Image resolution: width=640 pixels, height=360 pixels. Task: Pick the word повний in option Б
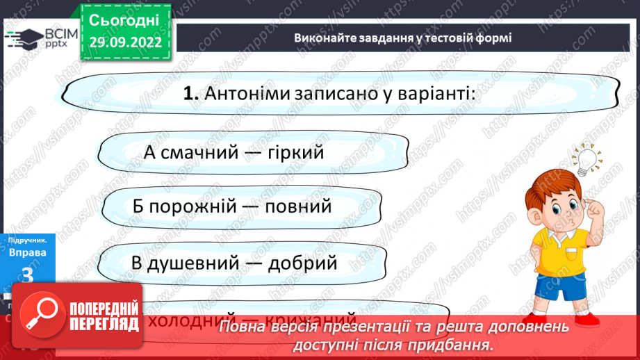[300, 207]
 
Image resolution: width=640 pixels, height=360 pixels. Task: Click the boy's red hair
[556, 188]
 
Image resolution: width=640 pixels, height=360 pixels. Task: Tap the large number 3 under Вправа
[28, 276]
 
